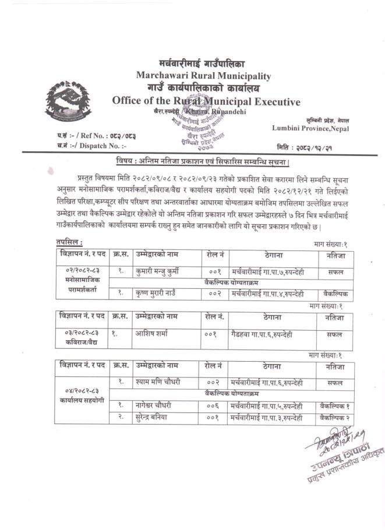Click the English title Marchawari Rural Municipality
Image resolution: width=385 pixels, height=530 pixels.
coord(203,76)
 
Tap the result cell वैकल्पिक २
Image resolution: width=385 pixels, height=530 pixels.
coord(334,418)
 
